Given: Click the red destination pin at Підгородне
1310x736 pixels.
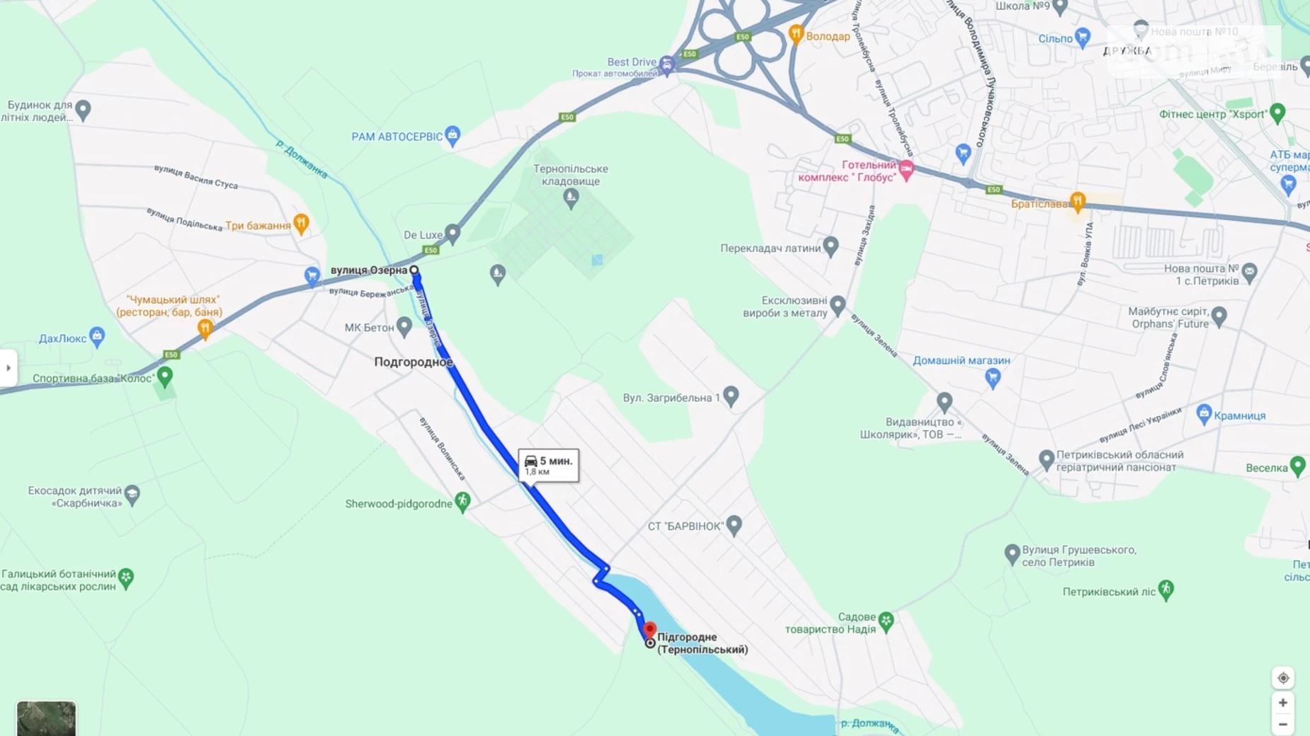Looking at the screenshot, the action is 649,629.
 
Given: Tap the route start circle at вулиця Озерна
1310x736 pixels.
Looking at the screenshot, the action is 414,270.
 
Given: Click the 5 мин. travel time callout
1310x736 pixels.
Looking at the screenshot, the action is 548,465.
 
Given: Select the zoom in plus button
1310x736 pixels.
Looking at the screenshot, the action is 1282,703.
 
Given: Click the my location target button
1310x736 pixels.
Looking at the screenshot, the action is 1282,678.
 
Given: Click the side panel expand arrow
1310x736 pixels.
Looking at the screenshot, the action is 8,368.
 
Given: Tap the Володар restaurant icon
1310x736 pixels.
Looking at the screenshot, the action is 796,34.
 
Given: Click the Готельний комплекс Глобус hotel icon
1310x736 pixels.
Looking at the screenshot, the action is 906,169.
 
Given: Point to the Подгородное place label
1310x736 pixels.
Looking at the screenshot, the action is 413,362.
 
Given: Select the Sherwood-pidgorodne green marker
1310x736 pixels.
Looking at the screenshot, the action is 462,502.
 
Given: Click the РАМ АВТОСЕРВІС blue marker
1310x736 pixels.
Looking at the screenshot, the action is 452,135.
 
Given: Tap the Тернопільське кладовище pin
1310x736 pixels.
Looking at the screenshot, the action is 571,198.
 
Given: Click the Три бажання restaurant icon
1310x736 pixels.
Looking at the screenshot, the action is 301,224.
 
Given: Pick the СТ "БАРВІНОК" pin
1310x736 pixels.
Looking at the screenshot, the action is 734,524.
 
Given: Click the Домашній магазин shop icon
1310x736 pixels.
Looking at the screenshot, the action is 993,377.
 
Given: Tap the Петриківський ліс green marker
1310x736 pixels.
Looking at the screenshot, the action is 1166,590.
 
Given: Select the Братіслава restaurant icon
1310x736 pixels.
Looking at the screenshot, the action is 1077,202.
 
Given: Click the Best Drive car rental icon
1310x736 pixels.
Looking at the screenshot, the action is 666,65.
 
